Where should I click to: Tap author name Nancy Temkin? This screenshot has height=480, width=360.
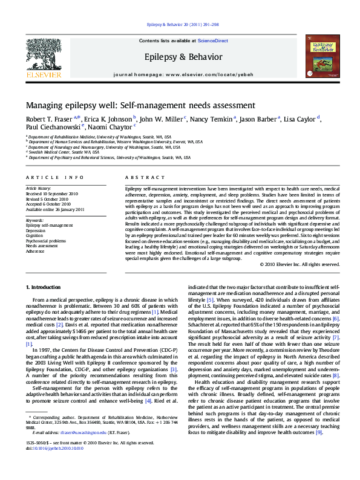click(213, 118)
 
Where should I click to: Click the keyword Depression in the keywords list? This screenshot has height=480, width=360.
click(35, 230)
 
